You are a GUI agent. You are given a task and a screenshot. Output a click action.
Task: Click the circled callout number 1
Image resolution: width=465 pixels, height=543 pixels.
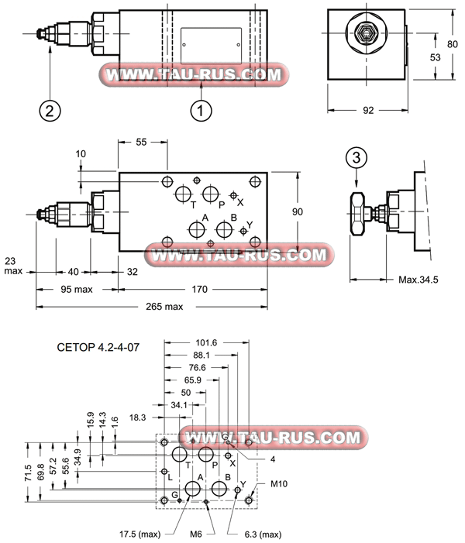tap(201, 110)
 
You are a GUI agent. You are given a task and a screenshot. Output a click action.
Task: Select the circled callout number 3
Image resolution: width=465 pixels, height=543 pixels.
tap(356, 158)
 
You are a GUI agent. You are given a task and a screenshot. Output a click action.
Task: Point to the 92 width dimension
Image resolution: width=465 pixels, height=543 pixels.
tap(368, 110)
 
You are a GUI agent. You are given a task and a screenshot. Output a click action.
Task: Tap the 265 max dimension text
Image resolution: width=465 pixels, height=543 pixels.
tap(164, 307)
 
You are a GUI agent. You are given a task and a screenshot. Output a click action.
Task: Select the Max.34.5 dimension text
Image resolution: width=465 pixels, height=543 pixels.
tap(418, 279)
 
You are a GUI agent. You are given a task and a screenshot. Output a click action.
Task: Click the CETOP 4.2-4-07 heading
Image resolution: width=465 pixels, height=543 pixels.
tap(98, 349)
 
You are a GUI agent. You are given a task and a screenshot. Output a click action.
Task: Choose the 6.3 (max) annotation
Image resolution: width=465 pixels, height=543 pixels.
tap(256, 534)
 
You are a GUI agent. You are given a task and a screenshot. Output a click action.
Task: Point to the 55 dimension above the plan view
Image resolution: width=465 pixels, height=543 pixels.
tap(142, 143)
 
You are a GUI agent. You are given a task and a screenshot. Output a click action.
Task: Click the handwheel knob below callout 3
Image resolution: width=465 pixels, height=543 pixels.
tap(356, 212)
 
